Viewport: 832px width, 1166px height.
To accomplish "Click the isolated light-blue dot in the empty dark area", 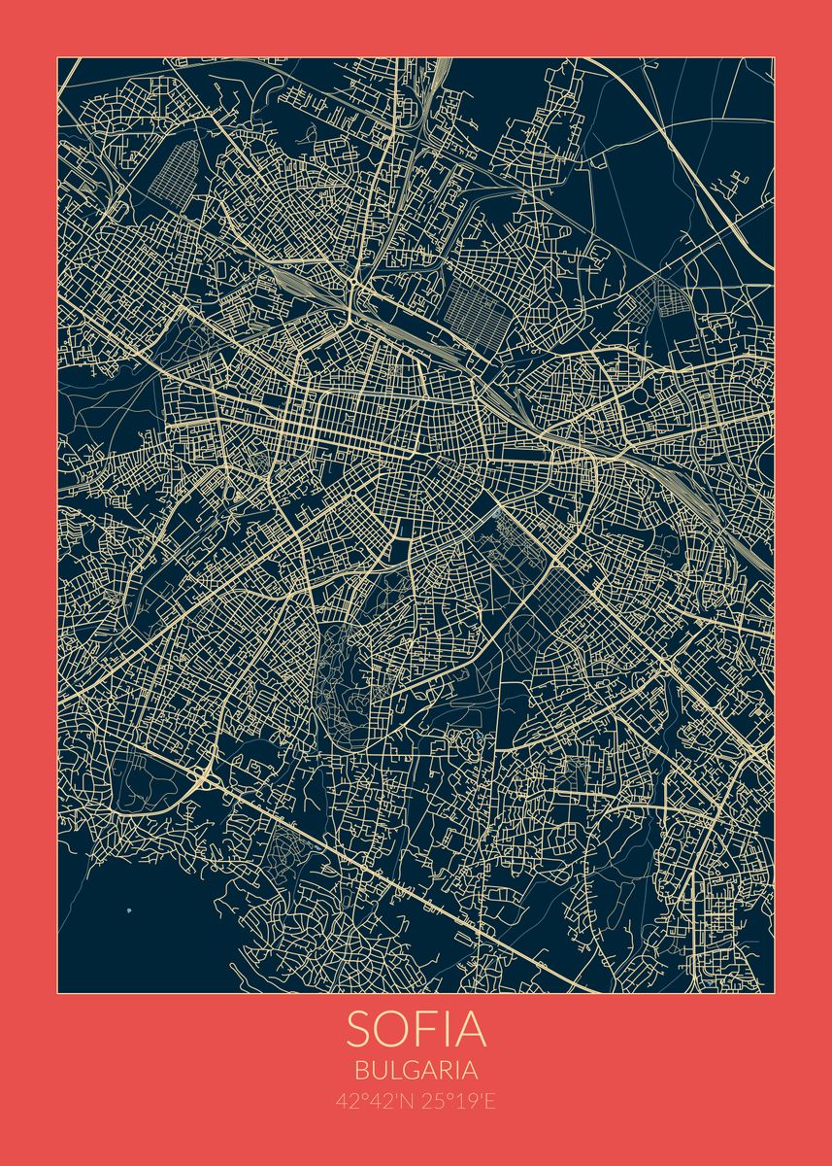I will (x=129, y=910).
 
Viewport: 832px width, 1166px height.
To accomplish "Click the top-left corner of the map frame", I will (x=57, y=57).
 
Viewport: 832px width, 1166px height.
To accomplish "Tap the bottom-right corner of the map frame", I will (x=774, y=993).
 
